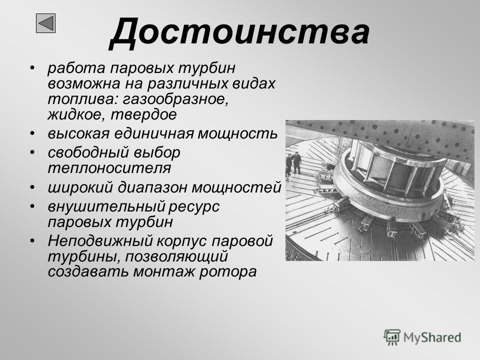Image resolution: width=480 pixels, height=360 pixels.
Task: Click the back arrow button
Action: tap(45, 23)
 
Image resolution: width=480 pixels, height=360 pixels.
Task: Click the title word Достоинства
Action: tap(239, 32)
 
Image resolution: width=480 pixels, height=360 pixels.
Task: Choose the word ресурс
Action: tap(194, 207)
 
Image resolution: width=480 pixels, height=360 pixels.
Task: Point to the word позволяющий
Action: tap(176, 256)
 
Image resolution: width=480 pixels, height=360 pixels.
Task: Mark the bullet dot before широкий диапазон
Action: tap(32, 187)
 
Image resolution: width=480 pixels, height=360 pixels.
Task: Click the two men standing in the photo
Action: tap(293, 163)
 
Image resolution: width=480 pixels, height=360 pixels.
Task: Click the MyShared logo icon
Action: tap(392, 337)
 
